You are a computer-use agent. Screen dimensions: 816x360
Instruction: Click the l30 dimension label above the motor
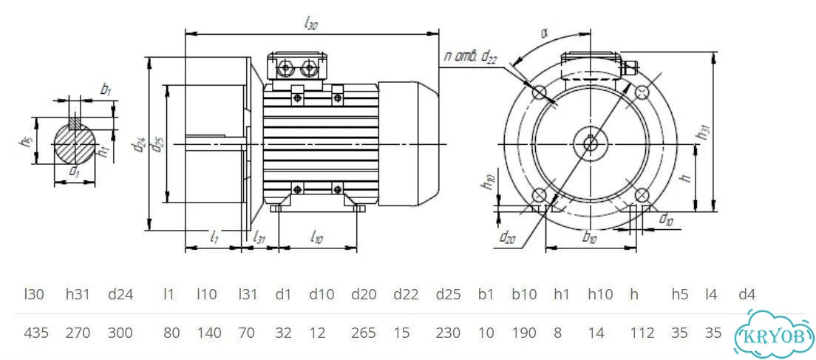pyautogui.click(x=310, y=25)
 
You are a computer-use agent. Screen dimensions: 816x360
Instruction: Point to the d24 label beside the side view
pyautogui.click(x=140, y=144)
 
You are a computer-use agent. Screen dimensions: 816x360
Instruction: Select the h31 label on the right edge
pyautogui.click(x=704, y=133)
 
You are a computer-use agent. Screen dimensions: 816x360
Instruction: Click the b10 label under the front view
pyautogui.click(x=590, y=238)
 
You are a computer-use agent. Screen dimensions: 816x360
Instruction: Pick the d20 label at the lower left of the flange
pyautogui.click(x=507, y=238)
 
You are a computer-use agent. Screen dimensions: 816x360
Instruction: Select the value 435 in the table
pyautogui.click(x=36, y=333)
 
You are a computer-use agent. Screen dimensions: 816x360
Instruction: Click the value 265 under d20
pyautogui.click(x=363, y=333)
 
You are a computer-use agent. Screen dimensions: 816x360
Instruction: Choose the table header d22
pyautogui.click(x=406, y=294)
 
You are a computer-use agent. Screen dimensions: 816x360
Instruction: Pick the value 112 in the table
pyautogui.click(x=642, y=333)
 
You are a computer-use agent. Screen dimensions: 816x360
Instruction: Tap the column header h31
pyautogui.click(x=78, y=294)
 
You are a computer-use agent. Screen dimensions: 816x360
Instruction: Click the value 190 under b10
pyautogui.click(x=524, y=333)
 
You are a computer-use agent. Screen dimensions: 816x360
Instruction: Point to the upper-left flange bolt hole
pyautogui.click(x=539, y=92)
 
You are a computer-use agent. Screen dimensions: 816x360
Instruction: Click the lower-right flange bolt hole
pyautogui.click(x=642, y=195)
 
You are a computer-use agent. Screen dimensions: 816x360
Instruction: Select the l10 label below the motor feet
pyautogui.click(x=316, y=238)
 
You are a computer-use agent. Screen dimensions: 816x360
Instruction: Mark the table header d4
pyautogui.click(x=747, y=294)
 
